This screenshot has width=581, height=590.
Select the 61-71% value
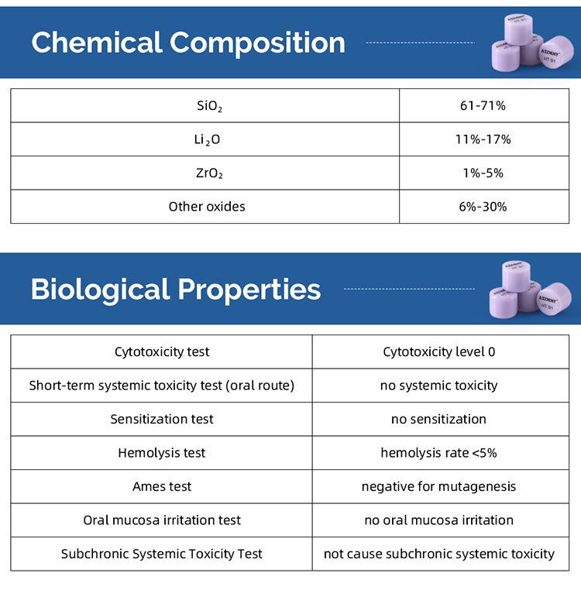point(483,105)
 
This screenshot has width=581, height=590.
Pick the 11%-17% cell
point(483,139)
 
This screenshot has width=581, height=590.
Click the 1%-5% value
point(483,173)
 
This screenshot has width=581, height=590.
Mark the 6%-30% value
point(483,207)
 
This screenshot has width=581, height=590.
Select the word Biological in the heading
point(99,290)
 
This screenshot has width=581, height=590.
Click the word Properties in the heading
point(249,290)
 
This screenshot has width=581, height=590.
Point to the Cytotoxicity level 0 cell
point(438,352)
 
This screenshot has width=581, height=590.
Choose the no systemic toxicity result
point(438,386)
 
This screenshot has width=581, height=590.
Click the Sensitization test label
point(162,419)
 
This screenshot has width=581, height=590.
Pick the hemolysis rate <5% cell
point(438,453)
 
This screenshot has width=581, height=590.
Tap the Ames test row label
point(162,487)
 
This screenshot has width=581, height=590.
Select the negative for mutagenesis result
point(438,487)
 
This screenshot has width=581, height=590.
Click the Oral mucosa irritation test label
point(162,520)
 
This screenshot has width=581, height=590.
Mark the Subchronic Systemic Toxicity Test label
point(162,554)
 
